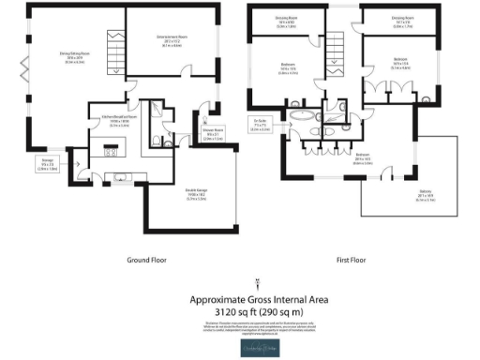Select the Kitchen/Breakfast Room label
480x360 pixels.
pyautogui.click(x=104, y=119)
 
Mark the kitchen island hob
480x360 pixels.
pyautogui.click(x=111, y=150)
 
